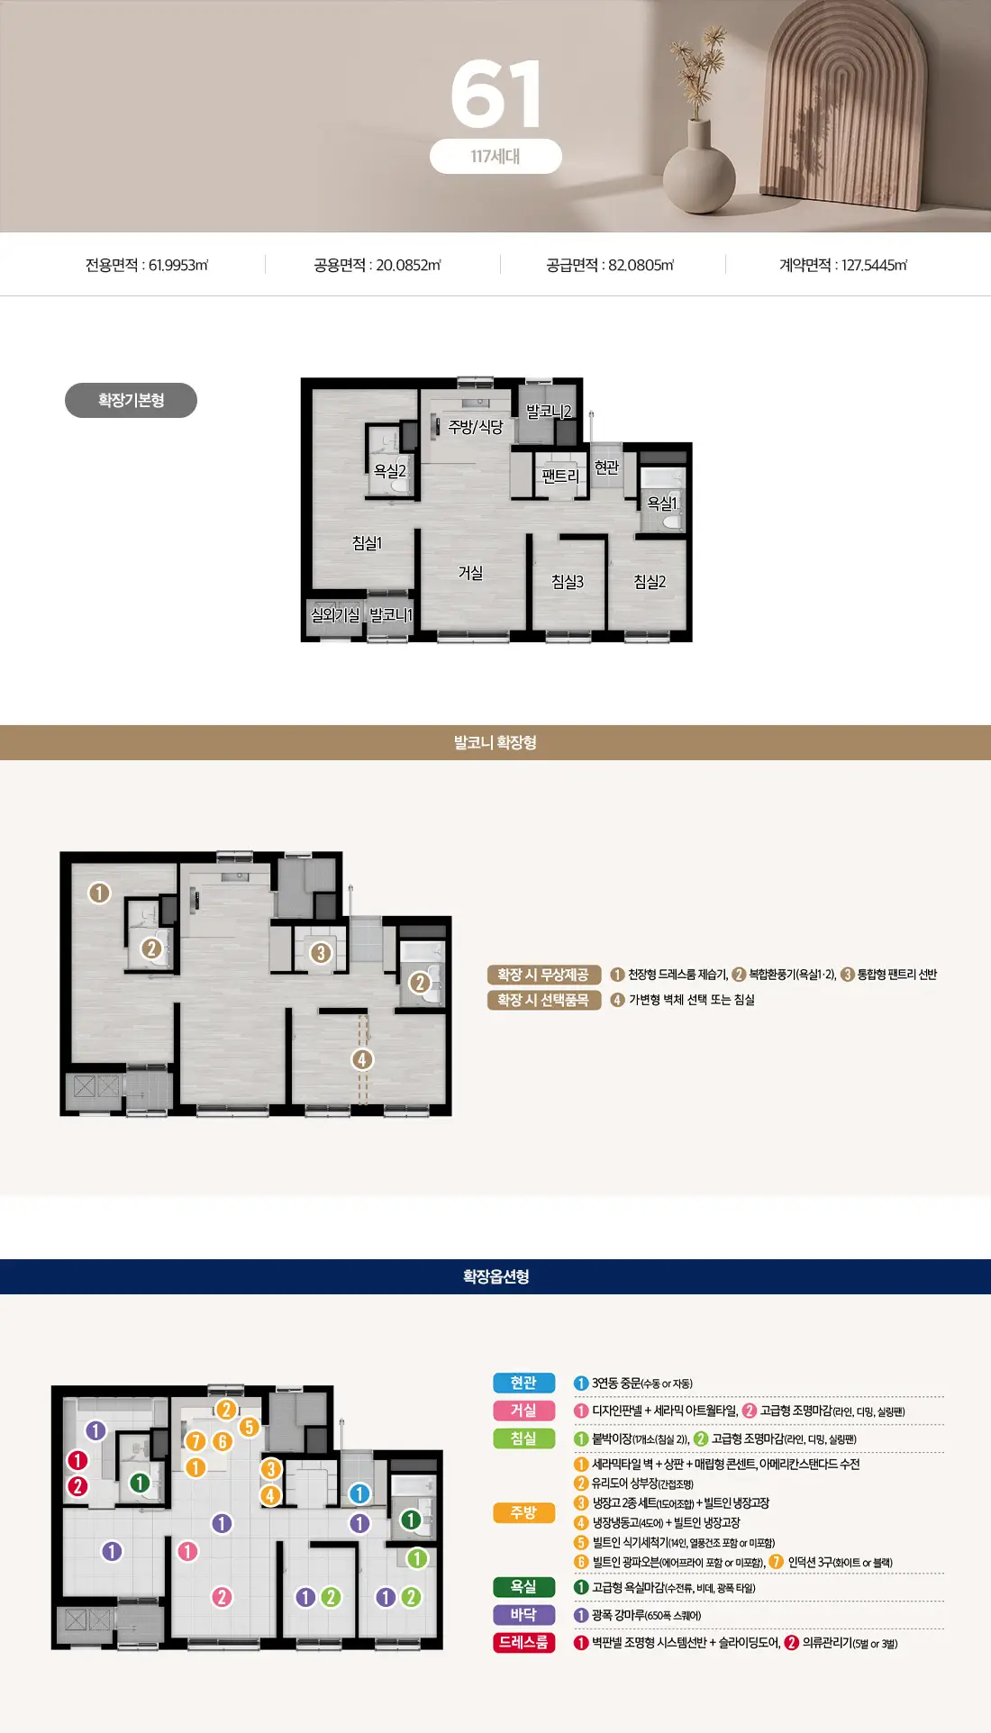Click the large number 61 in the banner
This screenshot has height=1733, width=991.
[x=495, y=94]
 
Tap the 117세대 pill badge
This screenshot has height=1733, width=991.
[x=495, y=156]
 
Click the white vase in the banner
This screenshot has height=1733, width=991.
[x=699, y=168]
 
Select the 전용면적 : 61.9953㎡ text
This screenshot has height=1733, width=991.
[x=147, y=265]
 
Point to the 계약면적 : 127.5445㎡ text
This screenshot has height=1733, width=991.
[x=843, y=265]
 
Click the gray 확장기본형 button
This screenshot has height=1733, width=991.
[x=131, y=400]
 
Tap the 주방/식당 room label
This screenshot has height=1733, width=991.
[x=476, y=426]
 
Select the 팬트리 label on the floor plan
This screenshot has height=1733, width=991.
[x=560, y=476]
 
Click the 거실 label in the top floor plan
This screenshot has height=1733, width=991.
[x=470, y=573]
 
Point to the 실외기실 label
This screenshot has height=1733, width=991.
[x=335, y=614]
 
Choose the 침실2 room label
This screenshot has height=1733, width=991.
[x=650, y=582]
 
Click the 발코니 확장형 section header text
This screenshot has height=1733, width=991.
[x=495, y=742]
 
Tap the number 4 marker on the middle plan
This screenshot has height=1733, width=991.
[x=362, y=1059]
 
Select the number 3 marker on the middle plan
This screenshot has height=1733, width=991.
[x=321, y=953]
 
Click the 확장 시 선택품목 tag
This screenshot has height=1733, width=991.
[x=544, y=1000]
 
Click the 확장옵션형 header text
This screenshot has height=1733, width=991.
[x=495, y=1276]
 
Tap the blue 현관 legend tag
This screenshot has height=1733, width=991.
[x=523, y=1383]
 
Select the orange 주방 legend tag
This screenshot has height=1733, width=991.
[x=523, y=1513]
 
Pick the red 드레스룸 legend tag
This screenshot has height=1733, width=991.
[x=523, y=1643]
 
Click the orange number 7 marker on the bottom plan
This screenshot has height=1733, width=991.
[x=195, y=1441]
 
